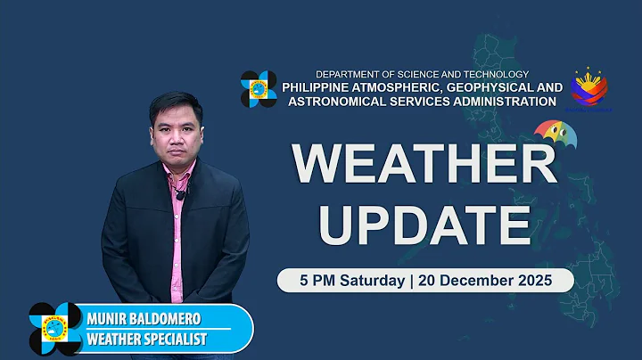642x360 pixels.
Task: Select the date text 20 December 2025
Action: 482,279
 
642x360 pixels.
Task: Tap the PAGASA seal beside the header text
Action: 259,89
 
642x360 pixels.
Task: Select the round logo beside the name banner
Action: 55,329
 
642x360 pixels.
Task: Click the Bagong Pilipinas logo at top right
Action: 589,90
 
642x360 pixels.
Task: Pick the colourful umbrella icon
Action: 555,135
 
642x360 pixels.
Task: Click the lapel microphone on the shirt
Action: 180,194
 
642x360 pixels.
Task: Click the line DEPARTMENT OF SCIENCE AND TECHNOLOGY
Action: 423,74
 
